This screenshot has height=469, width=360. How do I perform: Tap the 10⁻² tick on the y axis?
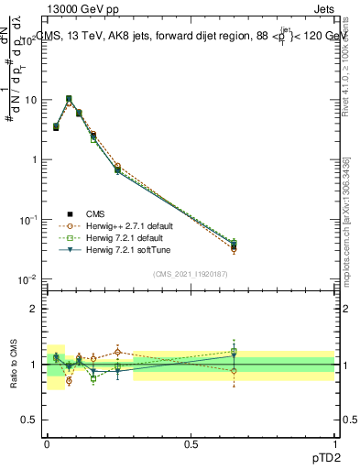(x=27, y=279)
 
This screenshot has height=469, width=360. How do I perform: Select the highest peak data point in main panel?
(x=69, y=99)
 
